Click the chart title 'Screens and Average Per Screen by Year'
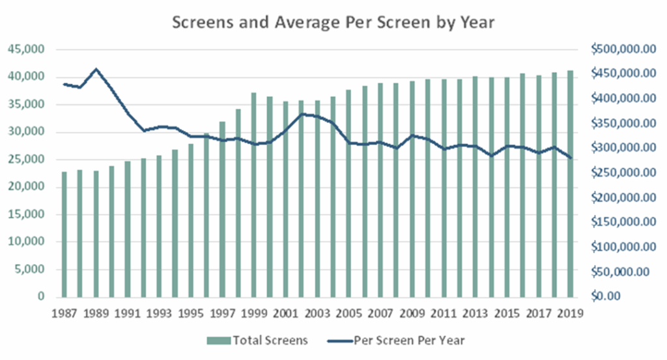[333, 22]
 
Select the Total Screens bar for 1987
[64, 234]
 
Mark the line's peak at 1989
[96, 69]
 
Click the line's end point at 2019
[570, 158]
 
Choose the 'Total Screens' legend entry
[258, 339]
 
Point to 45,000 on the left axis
[27, 49]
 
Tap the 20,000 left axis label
[27, 187]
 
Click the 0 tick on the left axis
[40, 297]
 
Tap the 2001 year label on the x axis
[285, 313]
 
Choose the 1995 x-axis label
[190, 313]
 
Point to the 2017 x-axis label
[539, 313]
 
